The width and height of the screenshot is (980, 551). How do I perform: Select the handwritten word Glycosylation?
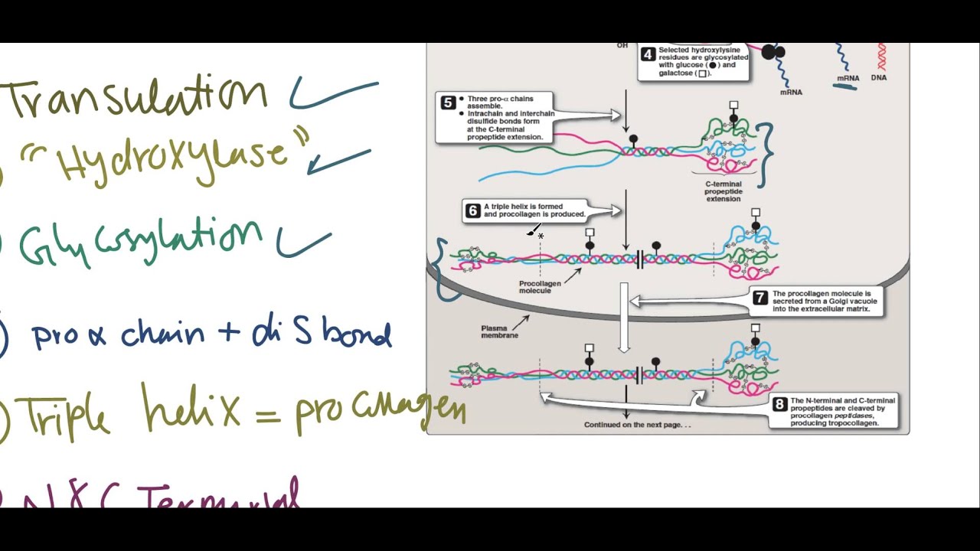point(142,242)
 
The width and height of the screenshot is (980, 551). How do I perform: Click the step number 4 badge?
point(648,54)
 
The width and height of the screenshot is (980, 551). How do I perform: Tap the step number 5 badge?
point(448,103)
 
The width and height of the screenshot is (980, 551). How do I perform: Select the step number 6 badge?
point(472,210)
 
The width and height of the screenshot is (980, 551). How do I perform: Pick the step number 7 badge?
point(759,298)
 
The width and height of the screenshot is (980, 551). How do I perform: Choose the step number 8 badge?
point(779,404)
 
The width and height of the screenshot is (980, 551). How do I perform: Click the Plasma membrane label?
point(499,331)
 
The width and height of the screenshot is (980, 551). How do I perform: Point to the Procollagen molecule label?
point(540,287)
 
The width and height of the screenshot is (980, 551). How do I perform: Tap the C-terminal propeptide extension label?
point(723,191)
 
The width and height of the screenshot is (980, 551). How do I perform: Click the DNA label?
point(879,77)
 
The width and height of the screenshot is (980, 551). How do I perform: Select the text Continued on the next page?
point(637,425)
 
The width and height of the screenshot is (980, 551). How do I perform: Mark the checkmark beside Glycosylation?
point(302,243)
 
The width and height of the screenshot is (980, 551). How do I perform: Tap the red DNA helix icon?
point(881,57)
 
